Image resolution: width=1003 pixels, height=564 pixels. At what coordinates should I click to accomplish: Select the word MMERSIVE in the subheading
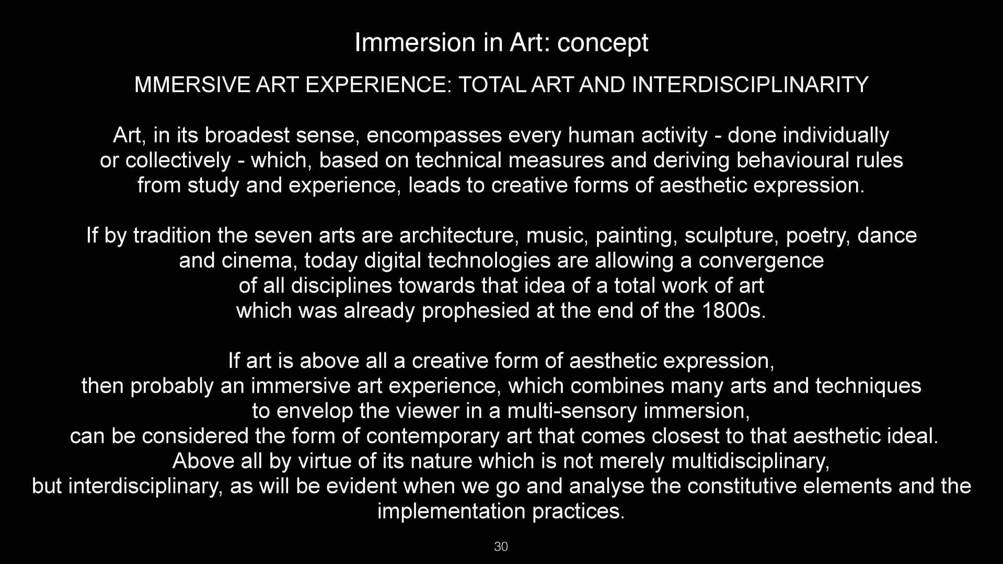coord(192,85)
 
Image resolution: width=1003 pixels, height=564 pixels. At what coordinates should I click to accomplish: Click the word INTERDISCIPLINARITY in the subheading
coord(750,85)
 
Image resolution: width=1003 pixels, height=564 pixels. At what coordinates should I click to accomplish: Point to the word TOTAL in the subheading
coord(491,85)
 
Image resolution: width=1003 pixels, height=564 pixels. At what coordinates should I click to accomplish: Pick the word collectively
coord(178,160)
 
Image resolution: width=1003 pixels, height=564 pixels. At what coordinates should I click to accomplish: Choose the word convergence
coord(761,261)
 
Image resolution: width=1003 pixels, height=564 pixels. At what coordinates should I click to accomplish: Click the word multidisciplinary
coord(751,462)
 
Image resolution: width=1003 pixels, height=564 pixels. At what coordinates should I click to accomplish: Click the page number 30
coord(501,547)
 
